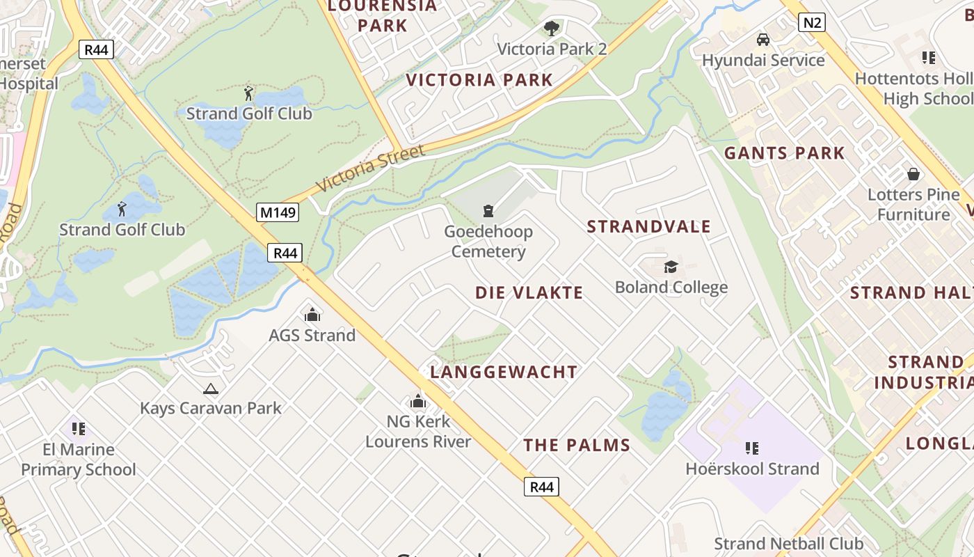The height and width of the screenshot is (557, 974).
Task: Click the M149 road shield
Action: click(x=278, y=212)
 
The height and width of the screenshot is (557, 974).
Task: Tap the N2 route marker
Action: click(x=811, y=22)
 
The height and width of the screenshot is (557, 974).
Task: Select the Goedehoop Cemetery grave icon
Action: click(x=488, y=210)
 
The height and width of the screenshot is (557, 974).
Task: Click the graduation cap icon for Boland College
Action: click(x=671, y=267)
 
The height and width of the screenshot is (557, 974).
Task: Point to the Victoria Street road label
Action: click(x=370, y=168)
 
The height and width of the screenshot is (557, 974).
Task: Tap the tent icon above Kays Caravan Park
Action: click(x=210, y=389)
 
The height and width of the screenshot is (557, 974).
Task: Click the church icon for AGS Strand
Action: click(x=312, y=315)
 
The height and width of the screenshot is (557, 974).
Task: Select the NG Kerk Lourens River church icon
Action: click(x=418, y=401)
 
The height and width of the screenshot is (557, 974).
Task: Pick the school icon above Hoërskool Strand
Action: click(x=751, y=448)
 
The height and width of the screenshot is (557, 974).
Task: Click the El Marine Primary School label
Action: click(x=79, y=460)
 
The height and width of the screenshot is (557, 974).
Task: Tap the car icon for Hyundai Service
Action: click(x=763, y=40)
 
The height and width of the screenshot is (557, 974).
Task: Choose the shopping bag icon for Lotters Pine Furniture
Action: click(x=913, y=174)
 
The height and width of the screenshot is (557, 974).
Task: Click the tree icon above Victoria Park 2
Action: click(x=552, y=29)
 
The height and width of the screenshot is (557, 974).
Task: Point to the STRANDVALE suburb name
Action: click(x=648, y=226)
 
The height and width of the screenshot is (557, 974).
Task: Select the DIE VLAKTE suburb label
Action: click(x=529, y=292)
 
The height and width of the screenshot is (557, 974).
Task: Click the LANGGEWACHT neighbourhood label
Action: click(x=504, y=372)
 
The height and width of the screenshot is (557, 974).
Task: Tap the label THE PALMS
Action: click(x=577, y=445)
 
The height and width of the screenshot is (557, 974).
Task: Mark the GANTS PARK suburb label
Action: click(x=784, y=153)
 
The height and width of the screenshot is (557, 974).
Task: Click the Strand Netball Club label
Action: click(x=788, y=543)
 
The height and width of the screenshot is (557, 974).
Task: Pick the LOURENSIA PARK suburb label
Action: click(x=382, y=15)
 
